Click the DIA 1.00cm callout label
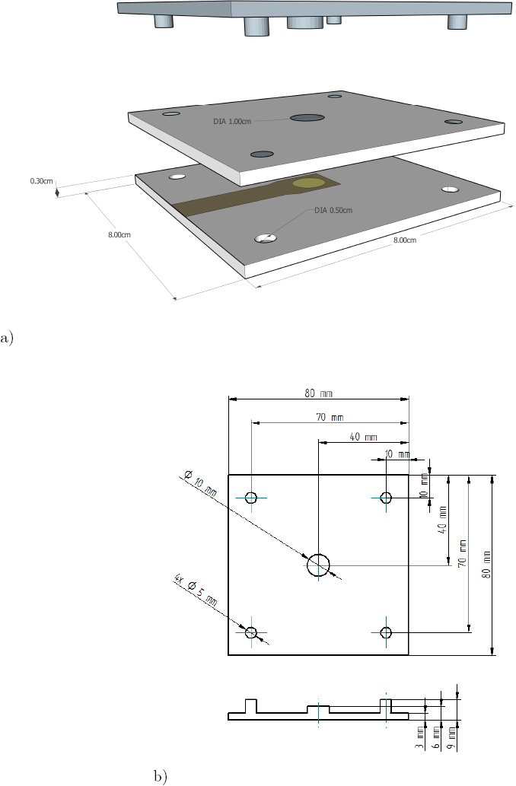232,121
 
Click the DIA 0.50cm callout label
333,211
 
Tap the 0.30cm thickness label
41,181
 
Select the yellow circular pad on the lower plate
309,183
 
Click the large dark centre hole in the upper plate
307,118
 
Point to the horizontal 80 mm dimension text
318,393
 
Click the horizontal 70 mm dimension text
330,417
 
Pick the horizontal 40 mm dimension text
363,437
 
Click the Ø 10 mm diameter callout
200,483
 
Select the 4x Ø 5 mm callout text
196,590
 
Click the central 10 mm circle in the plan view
318,565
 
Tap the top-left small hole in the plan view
251,498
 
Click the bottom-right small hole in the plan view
386,632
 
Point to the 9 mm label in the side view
451,739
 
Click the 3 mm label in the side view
420,738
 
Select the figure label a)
7,338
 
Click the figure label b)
161,776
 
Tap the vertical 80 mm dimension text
486,565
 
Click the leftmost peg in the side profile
250,706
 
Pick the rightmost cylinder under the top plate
457,22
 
